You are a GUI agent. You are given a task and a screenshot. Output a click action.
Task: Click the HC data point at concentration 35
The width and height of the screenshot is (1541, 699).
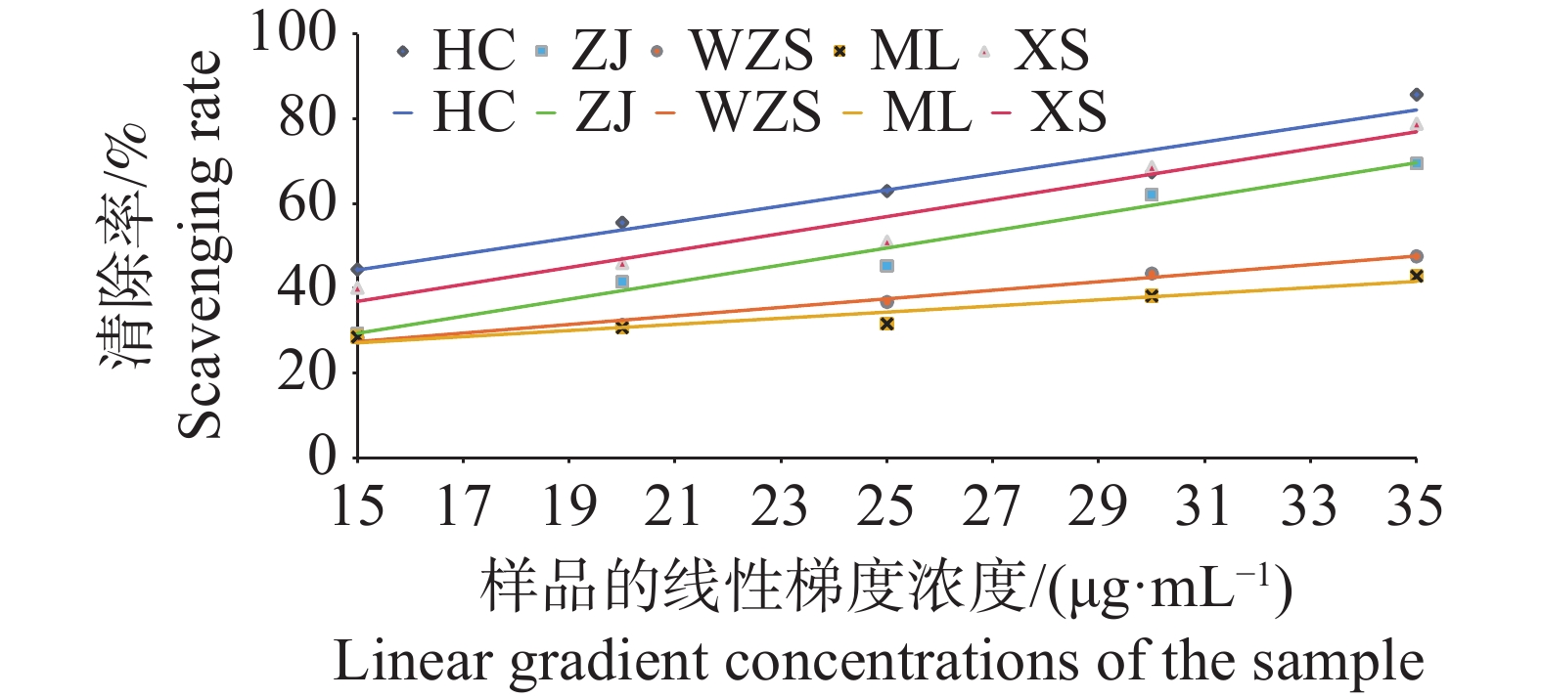[1416, 95]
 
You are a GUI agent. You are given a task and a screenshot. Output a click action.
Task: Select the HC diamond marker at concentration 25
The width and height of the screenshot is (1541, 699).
[886, 191]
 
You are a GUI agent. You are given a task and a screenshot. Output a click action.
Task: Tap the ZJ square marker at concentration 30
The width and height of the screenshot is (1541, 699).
[1152, 195]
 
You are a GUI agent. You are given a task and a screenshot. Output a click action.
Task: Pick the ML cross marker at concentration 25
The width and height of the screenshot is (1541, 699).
[886, 324]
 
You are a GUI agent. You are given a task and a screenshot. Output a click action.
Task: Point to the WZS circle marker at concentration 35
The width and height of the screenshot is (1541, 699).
[1416, 256]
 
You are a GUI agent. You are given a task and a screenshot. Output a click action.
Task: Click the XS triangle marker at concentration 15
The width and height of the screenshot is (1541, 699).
[357, 288]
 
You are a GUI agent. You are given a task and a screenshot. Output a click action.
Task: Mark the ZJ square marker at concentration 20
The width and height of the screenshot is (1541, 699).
[622, 282]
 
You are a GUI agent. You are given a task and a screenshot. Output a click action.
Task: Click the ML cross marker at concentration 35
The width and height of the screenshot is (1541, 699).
[1416, 277]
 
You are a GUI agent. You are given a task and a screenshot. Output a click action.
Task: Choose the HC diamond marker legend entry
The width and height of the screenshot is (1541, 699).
[402, 51]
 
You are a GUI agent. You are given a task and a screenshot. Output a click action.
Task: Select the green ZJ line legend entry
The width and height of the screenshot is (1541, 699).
[546, 113]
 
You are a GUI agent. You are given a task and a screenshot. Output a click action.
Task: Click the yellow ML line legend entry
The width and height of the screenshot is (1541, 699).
[853, 113]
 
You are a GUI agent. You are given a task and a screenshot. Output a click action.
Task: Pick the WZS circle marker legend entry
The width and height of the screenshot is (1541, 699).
[657, 51]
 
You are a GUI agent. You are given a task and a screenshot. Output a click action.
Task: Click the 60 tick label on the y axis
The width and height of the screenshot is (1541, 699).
[307, 203]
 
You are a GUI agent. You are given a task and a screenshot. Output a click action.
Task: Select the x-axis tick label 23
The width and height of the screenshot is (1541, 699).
[780, 506]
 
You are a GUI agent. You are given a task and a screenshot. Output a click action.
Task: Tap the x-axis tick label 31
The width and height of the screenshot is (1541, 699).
[1203, 506]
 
